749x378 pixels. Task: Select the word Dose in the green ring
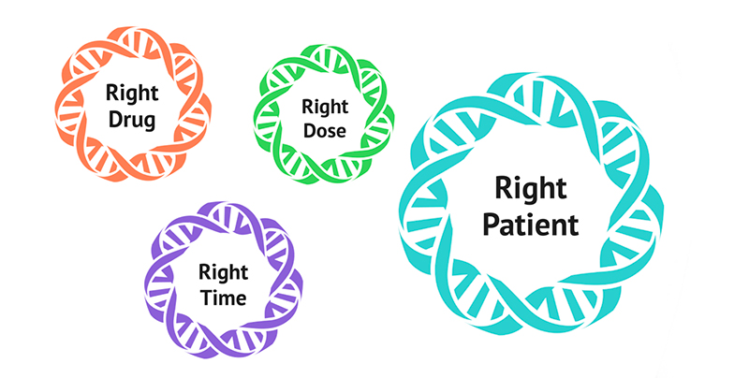point(324,131)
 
